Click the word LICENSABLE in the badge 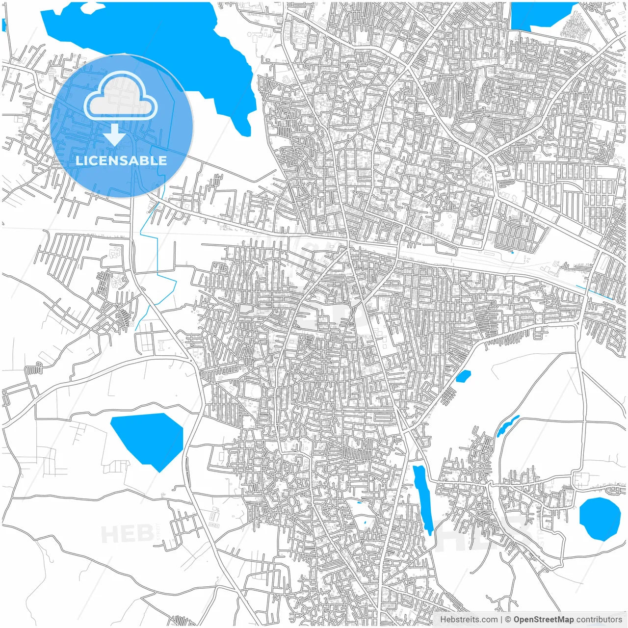[121, 160]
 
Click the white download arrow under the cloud [115, 134]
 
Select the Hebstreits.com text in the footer [469, 619]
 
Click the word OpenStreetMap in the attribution [544, 619]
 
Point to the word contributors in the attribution [599, 619]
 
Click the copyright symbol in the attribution [508, 619]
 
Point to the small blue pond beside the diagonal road [463, 376]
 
